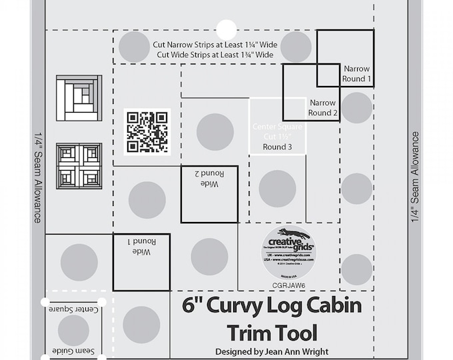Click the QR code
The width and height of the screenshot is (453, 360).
[147, 130]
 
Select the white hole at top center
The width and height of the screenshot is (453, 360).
[226, 29]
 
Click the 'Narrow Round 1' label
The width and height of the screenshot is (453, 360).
[356, 73]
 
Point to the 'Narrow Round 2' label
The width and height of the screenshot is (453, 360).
[322, 108]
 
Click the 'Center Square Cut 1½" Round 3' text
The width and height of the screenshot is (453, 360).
[277, 136]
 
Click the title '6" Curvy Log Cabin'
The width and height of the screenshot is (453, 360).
[272, 307]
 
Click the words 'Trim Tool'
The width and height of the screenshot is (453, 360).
[272, 331]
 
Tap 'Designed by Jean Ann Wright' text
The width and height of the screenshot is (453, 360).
[272, 351]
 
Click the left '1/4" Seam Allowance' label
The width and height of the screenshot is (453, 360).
[37, 179]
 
